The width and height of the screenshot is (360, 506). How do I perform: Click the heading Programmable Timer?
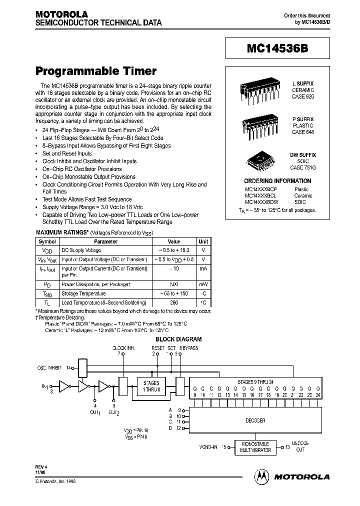point(96,71)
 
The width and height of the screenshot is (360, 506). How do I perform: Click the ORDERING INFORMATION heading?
point(277,181)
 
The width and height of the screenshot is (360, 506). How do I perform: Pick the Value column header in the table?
point(173,241)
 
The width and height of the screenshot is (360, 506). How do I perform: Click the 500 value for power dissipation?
point(173,284)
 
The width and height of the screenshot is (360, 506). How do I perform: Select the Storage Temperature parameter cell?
point(83,293)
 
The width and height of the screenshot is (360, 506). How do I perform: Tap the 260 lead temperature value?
point(173,302)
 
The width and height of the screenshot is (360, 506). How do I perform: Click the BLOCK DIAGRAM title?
point(179,339)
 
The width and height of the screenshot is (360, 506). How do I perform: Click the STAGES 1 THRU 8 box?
point(151,386)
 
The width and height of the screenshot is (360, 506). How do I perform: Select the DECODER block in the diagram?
point(255,420)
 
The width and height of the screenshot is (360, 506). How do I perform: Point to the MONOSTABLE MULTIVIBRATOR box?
point(255,447)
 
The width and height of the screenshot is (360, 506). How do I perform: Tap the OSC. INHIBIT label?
point(50,367)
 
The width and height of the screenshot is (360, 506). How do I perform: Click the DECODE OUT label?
point(300,446)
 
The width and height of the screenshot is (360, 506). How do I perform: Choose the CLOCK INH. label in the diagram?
point(122,347)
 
